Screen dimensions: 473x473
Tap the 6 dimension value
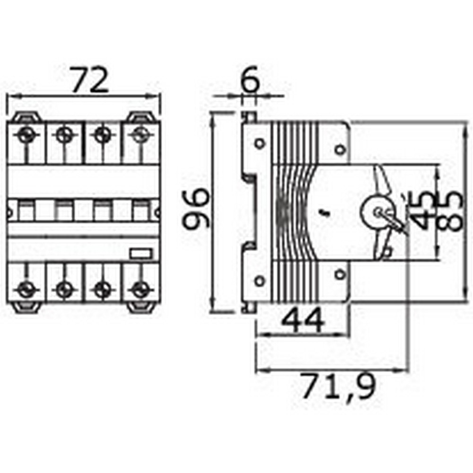point(249,82)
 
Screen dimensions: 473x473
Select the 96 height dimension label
point(195,209)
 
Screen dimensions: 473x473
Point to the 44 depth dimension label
point(302,320)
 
